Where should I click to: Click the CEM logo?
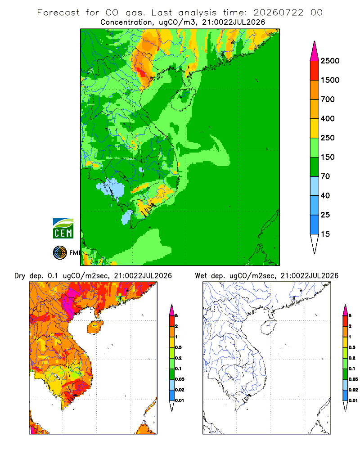(x=63, y=229)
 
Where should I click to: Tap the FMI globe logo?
(x=60, y=253)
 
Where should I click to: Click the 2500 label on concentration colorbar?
(x=330, y=61)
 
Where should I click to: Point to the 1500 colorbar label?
(x=330, y=80)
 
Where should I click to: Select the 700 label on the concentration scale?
(x=328, y=99)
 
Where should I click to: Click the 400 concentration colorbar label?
(x=328, y=118)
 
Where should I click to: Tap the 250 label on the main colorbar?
(x=328, y=138)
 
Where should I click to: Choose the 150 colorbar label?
(x=328, y=157)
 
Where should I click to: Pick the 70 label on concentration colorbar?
(x=325, y=176)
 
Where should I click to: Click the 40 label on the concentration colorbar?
(x=325, y=195)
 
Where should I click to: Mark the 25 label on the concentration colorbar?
(x=325, y=215)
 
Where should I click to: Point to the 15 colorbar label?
(x=325, y=234)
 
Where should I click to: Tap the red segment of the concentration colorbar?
(x=315, y=71)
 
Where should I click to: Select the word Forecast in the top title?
(x=58, y=13)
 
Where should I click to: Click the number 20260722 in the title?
(x=278, y=13)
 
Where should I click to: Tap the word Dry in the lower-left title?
(x=20, y=276)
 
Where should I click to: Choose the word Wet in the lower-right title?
(x=201, y=276)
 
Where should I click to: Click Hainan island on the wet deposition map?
(x=269, y=327)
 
